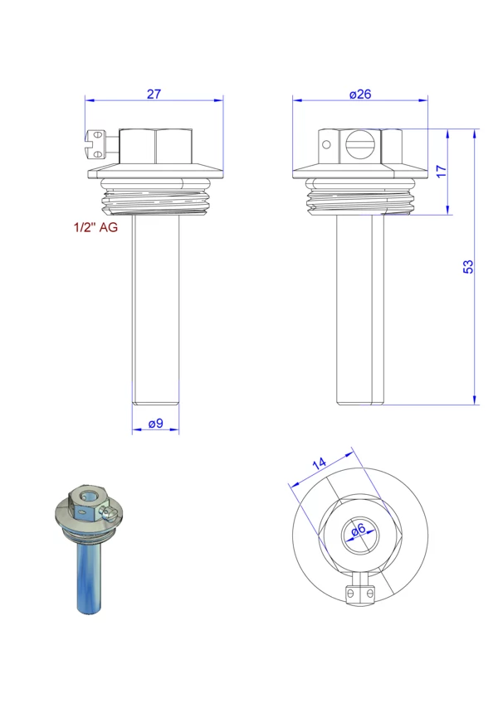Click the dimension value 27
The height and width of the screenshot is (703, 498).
click(154, 95)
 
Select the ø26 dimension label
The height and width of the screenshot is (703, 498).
click(360, 95)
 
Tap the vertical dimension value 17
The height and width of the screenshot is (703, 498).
click(442, 171)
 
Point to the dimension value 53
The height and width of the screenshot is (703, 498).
click(468, 267)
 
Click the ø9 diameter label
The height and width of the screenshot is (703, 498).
click(155, 424)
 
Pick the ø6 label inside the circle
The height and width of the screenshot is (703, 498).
click(359, 530)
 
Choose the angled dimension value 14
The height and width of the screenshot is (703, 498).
click(320, 463)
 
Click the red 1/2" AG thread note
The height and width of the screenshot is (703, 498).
click(95, 227)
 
